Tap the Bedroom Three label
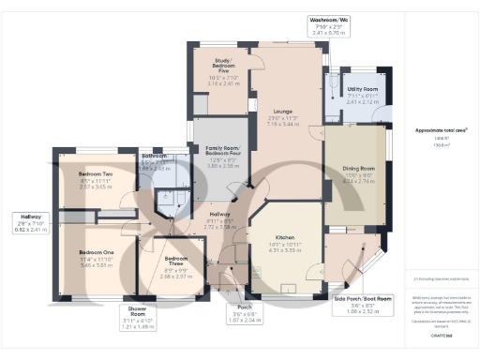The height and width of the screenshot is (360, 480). click(x=175, y=232)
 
